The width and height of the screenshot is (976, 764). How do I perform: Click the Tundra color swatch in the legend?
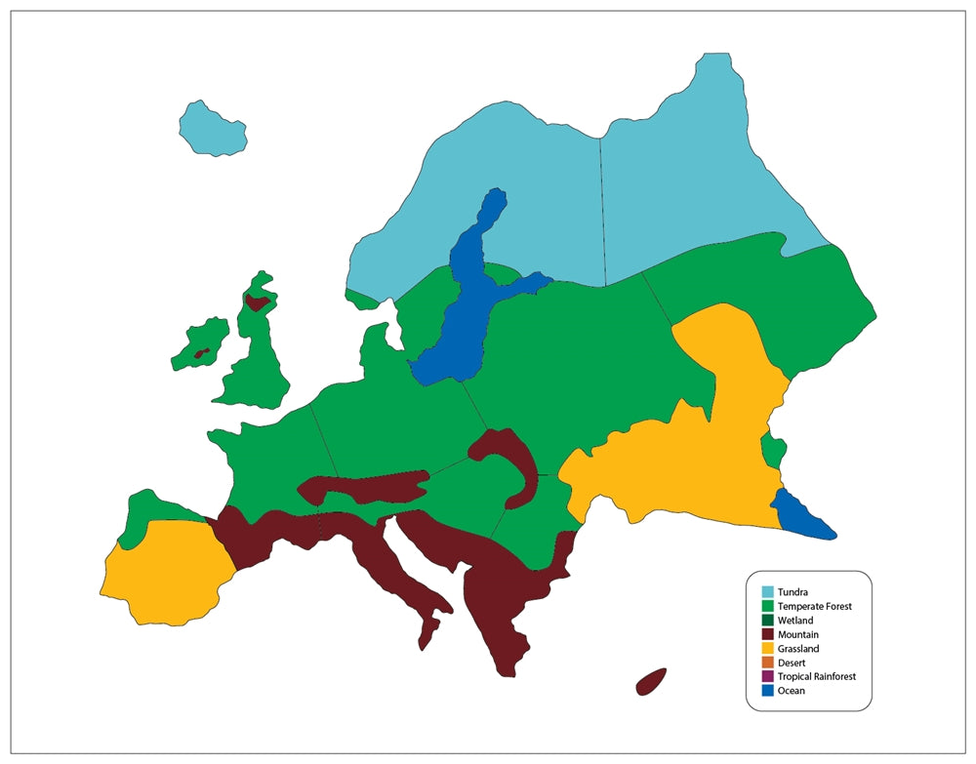coord(768,591)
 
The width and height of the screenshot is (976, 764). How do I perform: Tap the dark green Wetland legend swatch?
coord(768,620)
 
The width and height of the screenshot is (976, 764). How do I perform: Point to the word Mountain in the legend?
coord(798,634)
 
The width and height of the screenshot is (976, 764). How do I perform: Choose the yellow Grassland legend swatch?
coord(768,648)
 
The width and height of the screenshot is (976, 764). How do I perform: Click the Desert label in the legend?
coord(792,663)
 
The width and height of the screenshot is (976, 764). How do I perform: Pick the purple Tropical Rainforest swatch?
coord(768,676)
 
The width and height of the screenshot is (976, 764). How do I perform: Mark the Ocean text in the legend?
coord(792,691)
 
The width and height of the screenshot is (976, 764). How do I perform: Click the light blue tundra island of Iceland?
coord(211,128)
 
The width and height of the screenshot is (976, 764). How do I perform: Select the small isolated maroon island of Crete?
coord(651,681)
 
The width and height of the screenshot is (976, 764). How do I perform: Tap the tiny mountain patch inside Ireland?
coord(201,353)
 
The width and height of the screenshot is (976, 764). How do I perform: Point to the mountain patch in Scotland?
coord(257,302)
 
